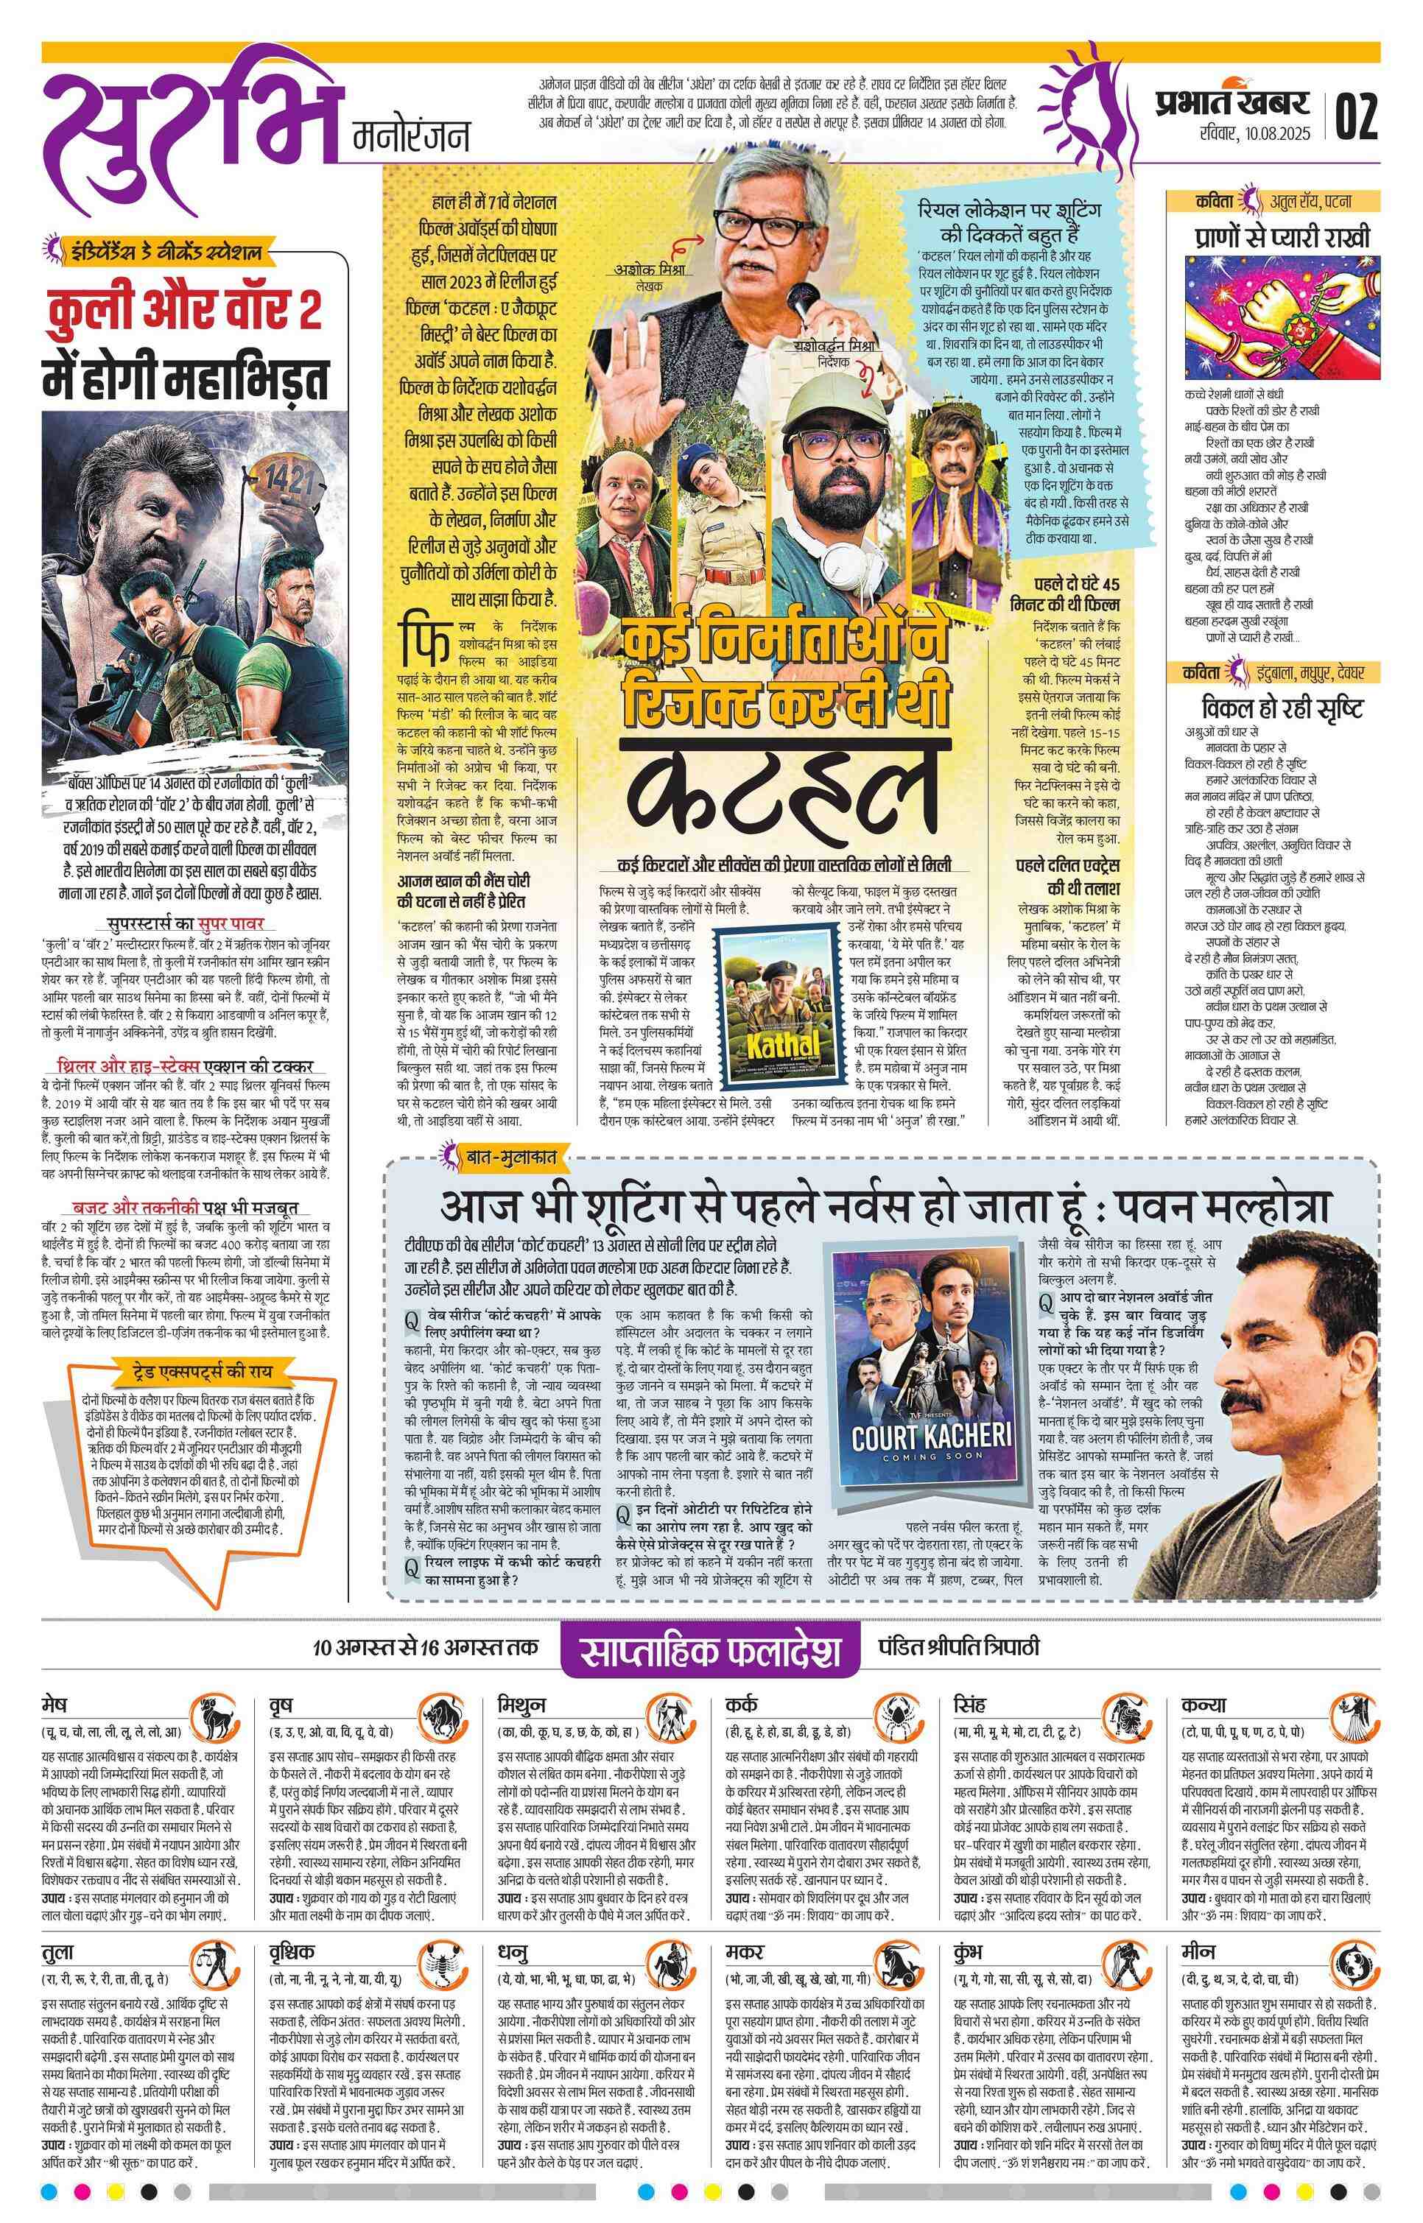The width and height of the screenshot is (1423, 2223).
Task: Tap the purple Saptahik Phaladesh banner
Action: (x=711, y=1650)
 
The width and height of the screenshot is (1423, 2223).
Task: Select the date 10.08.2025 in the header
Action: (x=1251, y=135)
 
